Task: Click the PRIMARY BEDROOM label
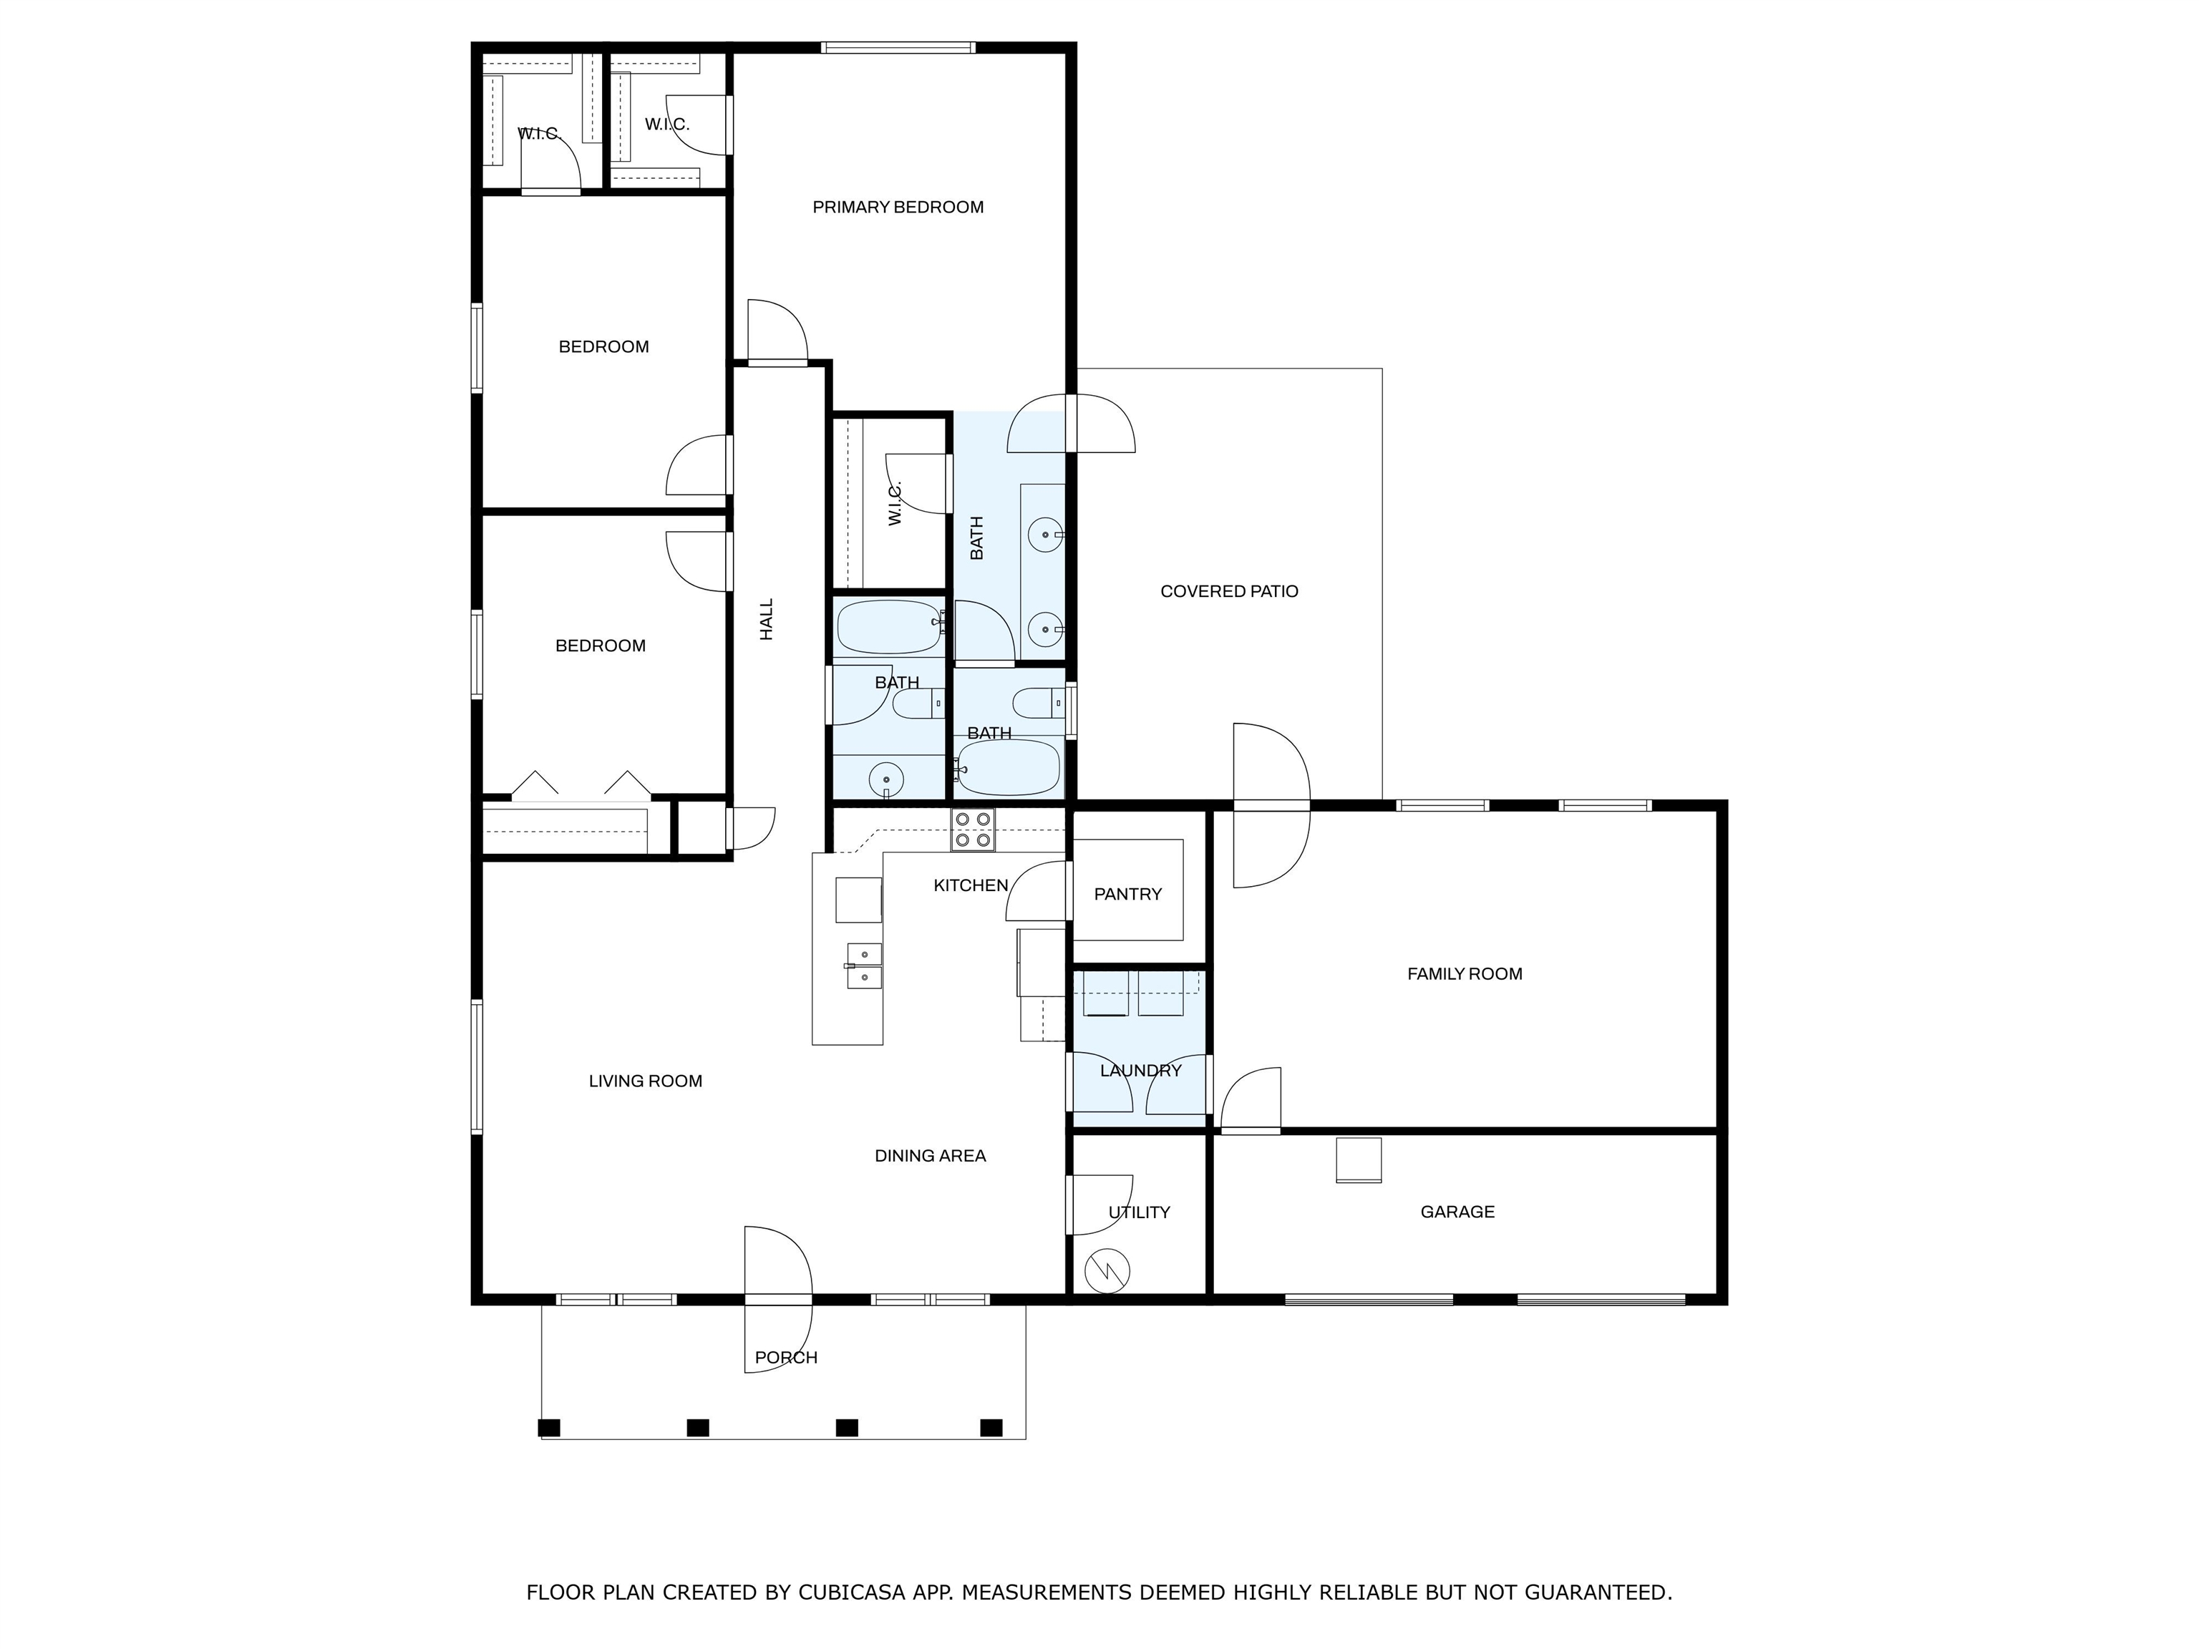pos(898,207)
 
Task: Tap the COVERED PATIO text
pos(1229,591)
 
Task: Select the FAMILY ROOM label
pos(1465,974)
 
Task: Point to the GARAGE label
pos(1457,1212)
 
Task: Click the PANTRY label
pos(1127,895)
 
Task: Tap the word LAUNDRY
pos(1140,1071)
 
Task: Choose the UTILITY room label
pos(1140,1212)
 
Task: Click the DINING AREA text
pos(930,1156)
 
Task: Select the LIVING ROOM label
pos(645,1081)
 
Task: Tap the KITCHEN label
pos(970,885)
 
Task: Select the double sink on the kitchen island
pos(864,966)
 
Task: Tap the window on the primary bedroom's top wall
pos(898,47)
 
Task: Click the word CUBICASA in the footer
pos(852,1593)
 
